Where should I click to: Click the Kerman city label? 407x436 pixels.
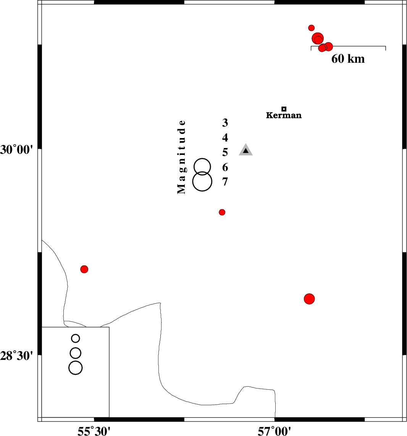pos(284,115)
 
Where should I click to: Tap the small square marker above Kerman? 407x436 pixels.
pos(284,109)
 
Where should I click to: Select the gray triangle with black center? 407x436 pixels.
pos(246,150)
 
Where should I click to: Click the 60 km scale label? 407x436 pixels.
pos(348,59)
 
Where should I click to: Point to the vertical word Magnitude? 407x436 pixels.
pos(181,157)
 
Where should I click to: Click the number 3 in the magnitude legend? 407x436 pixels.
pos(225,123)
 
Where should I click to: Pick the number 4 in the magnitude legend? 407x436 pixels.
pos(225,137)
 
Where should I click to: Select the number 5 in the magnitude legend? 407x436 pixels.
pos(225,152)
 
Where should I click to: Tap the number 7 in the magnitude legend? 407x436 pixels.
pos(225,182)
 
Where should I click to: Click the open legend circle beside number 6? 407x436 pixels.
pos(202,158)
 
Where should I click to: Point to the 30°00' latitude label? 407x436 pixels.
pos(16,150)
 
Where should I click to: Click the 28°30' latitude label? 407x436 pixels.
pos(16,356)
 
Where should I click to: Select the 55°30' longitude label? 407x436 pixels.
pos(94,431)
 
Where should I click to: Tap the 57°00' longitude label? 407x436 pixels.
pos(274,431)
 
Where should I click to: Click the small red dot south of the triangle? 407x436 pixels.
pos(222,212)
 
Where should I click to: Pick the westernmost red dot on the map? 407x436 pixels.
pos(84,269)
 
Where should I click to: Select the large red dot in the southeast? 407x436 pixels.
pos(309,299)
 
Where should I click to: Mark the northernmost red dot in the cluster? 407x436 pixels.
pos(311,28)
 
